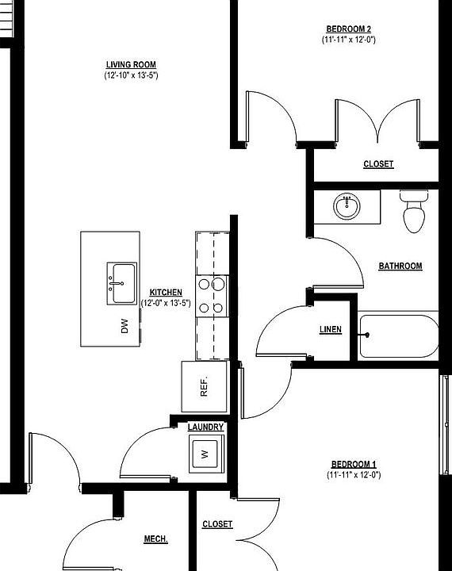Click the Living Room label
131,65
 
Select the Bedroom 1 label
354,464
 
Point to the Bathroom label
400,266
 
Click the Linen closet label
331,330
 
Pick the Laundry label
205,427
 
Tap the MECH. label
155,539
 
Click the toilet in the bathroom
415,212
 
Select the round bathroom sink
347,207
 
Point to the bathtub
398,336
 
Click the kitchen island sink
122,283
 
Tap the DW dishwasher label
124,326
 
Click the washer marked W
205,454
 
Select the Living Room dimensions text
131,76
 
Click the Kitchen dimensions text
166,303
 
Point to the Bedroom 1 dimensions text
354,475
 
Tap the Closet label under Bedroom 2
378,165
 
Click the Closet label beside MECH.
217,524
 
